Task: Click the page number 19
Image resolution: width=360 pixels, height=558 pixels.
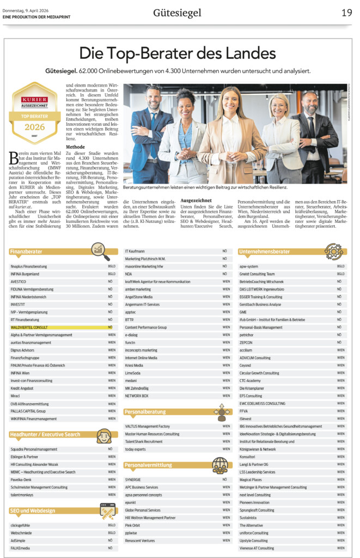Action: point(346,13)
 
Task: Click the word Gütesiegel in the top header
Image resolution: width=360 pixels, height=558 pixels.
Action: point(177,13)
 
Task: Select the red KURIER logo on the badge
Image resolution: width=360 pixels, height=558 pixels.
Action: point(35,101)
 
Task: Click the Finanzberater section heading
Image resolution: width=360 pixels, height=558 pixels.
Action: point(26,251)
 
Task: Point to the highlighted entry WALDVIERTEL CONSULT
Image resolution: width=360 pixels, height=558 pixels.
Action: point(29,327)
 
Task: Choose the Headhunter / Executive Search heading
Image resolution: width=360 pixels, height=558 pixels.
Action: point(45,434)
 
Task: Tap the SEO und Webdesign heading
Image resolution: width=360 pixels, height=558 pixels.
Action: point(33,510)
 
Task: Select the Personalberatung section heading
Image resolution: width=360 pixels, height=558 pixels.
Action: point(145,411)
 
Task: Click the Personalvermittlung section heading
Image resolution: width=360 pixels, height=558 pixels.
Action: point(148,465)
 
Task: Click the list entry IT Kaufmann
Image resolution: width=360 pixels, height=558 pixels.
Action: point(135,251)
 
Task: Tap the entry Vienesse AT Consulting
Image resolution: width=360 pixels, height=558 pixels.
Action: point(257,548)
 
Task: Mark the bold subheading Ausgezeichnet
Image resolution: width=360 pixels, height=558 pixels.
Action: point(196,200)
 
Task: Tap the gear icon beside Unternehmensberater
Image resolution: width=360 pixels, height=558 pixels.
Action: point(333,251)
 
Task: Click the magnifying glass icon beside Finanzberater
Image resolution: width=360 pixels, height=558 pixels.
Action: point(100,250)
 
